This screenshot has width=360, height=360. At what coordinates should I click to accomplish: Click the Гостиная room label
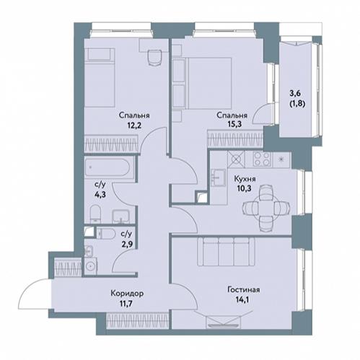pos(243,289)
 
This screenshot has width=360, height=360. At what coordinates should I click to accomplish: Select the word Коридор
pos(127,294)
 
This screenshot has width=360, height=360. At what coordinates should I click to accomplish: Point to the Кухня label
pos(245,179)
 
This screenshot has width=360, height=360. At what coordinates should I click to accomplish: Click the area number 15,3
pos(234,124)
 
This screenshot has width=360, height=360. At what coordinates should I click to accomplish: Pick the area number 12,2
pos(134,125)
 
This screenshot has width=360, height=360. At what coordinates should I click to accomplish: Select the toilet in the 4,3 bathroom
pos(96,214)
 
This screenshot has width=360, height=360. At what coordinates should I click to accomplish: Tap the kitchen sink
pos(219,177)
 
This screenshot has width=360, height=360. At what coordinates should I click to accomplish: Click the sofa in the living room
pos(226,252)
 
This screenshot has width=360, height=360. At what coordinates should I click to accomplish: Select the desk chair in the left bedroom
pos(154,58)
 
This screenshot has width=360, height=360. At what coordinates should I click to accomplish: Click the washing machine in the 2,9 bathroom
pos(91,266)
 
